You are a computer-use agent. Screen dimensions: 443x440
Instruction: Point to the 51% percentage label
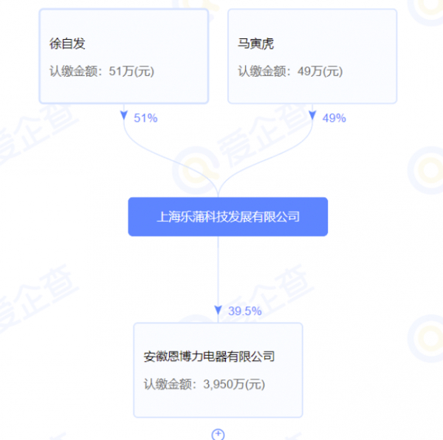(145, 117)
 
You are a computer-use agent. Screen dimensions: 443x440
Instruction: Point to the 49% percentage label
(334, 117)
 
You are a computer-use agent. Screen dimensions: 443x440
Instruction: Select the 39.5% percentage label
(244, 311)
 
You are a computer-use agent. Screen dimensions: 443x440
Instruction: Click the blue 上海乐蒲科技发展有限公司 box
(227, 216)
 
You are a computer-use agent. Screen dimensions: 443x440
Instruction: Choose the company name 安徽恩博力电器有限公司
(209, 357)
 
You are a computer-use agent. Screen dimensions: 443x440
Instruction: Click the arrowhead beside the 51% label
(124, 116)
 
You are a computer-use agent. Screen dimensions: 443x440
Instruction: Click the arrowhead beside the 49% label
(312, 116)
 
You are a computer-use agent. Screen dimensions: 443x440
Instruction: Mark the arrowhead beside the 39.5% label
(218, 310)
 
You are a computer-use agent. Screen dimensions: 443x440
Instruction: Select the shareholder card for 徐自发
(123, 56)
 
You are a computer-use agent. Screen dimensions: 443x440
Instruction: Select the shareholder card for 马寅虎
(312, 56)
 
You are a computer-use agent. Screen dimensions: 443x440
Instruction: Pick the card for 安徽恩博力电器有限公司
(218, 369)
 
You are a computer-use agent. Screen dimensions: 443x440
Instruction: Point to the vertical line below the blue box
(218, 269)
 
